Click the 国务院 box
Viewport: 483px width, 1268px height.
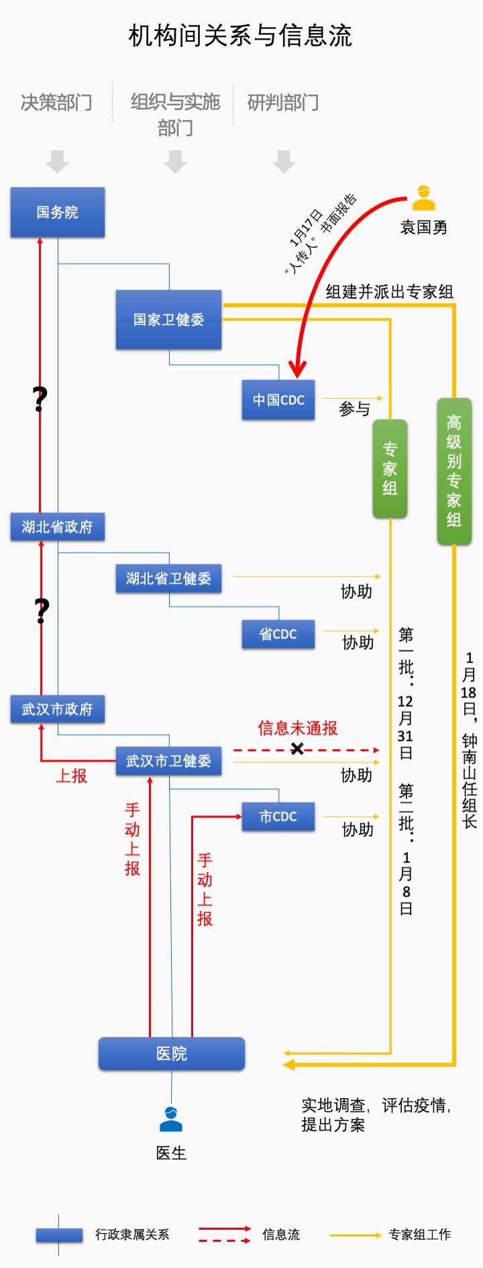(x=58, y=212)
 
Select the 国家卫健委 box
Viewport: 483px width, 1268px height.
(x=168, y=320)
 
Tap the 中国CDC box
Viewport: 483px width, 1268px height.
(x=278, y=400)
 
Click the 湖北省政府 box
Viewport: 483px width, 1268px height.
(x=58, y=527)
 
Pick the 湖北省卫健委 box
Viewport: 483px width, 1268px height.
(x=168, y=579)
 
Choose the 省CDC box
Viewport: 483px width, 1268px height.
(x=278, y=634)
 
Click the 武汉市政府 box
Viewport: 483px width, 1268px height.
(x=58, y=709)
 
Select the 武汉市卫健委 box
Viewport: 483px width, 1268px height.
(x=168, y=761)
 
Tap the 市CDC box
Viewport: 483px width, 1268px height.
(x=278, y=817)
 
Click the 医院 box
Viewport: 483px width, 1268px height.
(x=172, y=1053)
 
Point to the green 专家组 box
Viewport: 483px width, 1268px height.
(x=390, y=469)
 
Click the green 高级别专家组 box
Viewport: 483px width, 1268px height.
(x=454, y=471)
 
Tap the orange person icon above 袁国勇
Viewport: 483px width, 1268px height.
(x=423, y=198)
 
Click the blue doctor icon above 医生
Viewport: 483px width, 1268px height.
(x=171, y=1119)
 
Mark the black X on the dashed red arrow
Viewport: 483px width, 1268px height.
(x=297, y=748)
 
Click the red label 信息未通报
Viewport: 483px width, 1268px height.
(x=297, y=728)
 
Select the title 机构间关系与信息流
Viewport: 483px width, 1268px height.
(x=240, y=36)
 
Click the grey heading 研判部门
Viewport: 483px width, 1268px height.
(x=283, y=103)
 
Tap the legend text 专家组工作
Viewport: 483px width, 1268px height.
(x=420, y=1234)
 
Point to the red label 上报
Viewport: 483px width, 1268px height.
(x=72, y=776)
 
